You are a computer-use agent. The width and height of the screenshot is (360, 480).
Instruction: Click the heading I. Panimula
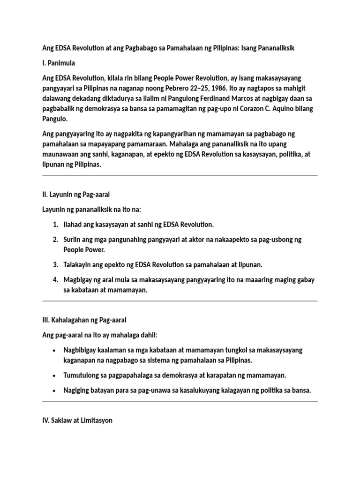[x=59, y=63]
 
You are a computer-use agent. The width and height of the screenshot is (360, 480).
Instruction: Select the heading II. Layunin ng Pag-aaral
[x=76, y=194]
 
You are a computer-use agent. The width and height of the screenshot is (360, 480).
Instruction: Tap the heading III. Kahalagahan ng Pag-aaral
[x=84, y=320]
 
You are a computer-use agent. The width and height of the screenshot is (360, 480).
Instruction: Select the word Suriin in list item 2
[x=73, y=239]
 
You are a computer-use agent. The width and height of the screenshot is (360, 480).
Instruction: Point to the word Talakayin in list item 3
[x=79, y=265]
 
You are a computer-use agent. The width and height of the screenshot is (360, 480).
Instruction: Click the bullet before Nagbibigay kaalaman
[x=55, y=350]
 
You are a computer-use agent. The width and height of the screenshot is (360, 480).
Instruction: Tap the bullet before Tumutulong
[x=55, y=375]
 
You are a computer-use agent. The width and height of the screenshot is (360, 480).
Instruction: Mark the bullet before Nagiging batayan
[x=55, y=390]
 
